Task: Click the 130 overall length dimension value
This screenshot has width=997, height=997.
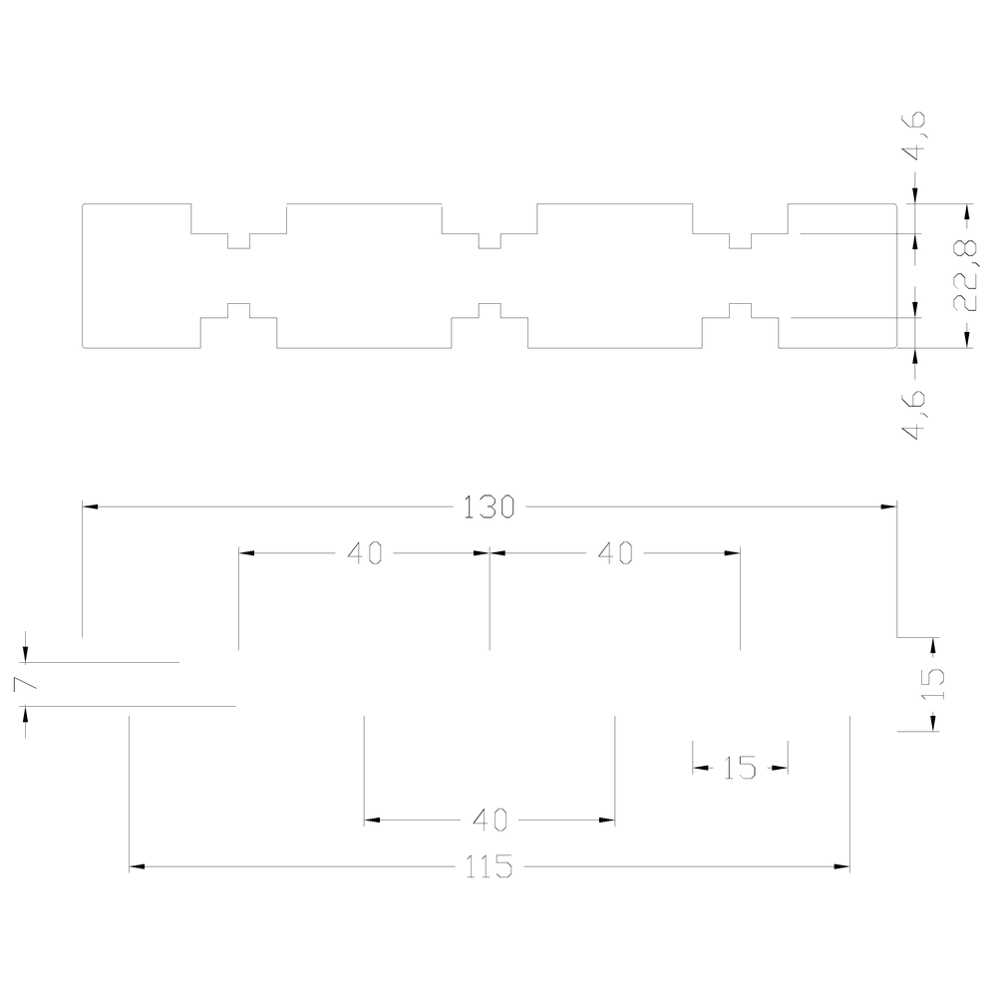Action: (x=489, y=507)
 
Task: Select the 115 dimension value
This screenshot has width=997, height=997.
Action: (x=489, y=866)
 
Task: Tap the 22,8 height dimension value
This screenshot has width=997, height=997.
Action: (x=966, y=276)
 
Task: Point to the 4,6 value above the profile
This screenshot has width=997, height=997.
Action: (x=914, y=136)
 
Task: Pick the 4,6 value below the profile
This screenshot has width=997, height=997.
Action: (x=914, y=415)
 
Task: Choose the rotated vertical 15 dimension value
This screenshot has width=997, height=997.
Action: (x=933, y=684)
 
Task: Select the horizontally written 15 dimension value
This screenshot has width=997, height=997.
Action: (x=740, y=769)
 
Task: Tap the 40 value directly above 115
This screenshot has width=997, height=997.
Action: (x=490, y=821)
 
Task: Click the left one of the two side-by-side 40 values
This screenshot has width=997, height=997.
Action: (x=364, y=553)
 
